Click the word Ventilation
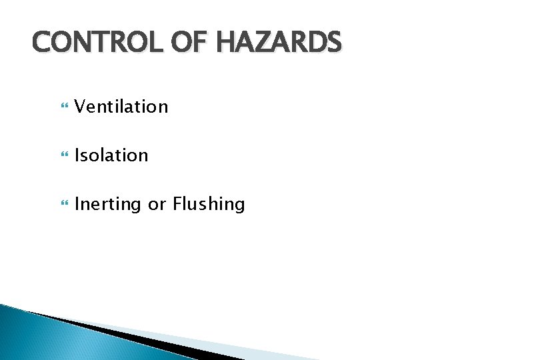click(121, 106)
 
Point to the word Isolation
click(111, 155)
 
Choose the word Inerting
click(108, 205)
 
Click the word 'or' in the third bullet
click(157, 205)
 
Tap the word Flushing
click(209, 205)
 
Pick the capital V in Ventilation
click(80, 106)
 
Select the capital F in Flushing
click(177, 204)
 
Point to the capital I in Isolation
click(77, 155)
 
